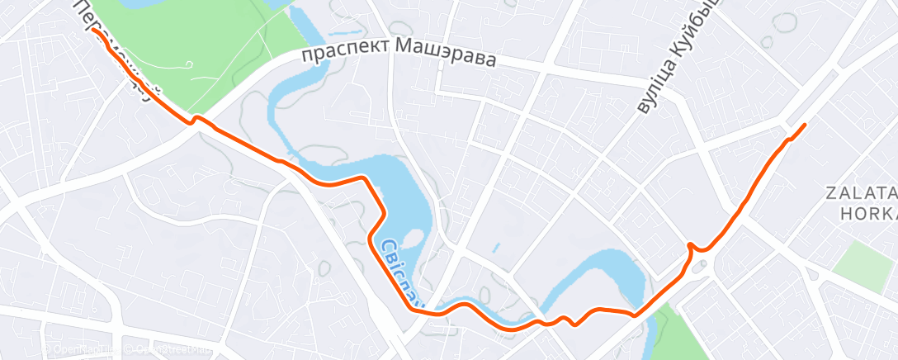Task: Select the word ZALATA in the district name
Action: (861, 193)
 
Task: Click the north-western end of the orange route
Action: (93, 30)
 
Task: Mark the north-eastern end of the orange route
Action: (804, 125)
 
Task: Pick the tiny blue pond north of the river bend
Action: (495, 247)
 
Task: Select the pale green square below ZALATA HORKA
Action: (863, 263)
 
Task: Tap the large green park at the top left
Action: (206, 50)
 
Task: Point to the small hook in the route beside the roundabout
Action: (692, 247)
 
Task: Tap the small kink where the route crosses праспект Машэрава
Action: (195, 121)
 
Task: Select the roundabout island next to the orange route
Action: (702, 265)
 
